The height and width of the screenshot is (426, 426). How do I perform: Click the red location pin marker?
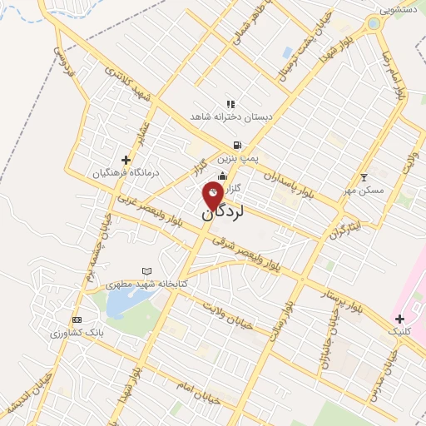tap(213, 196)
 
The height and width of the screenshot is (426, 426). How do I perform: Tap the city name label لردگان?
tap(222, 212)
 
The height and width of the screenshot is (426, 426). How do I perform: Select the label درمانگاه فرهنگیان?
tap(126, 172)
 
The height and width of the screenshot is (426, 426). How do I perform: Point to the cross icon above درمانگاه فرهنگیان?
tap(126, 160)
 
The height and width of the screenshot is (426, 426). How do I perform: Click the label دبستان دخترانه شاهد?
tap(230, 116)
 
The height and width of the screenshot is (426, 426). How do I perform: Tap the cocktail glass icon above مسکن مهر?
tap(364, 177)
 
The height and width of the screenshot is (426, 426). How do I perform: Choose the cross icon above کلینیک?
tap(400, 319)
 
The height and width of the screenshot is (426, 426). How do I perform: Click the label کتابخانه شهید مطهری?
tap(147, 284)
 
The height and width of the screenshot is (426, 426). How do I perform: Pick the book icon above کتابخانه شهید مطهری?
tap(147, 271)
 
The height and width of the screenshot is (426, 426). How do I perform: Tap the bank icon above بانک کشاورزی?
tap(77, 320)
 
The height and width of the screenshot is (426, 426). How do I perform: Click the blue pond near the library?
tap(121, 305)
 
